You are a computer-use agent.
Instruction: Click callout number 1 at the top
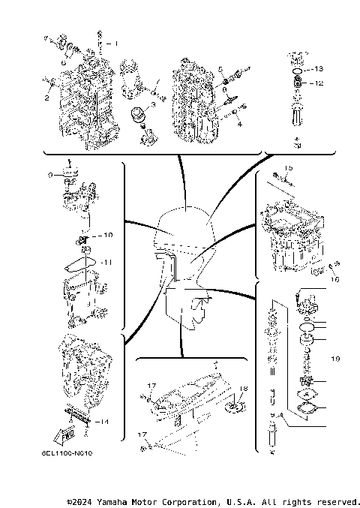pos(116,44)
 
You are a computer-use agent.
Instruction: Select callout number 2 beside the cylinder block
pos(46,98)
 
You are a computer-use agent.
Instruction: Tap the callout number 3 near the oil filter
pos(153,105)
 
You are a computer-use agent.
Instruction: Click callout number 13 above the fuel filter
pos(319,69)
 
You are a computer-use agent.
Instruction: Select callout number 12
pos(319,83)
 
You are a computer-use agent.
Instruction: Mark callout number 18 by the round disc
pos(242,388)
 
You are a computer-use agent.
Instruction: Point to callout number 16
pos(335,278)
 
